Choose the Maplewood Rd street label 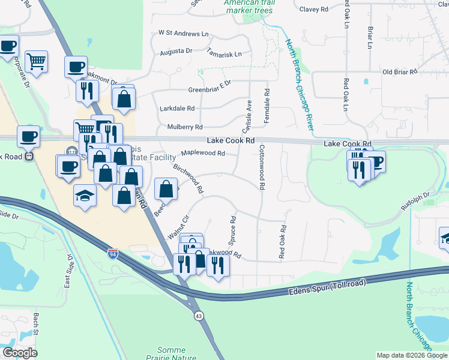(x=203, y=153)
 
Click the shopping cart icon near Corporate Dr (x=36, y=61)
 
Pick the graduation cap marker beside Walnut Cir (x=85, y=195)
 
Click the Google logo (x=20, y=353)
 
